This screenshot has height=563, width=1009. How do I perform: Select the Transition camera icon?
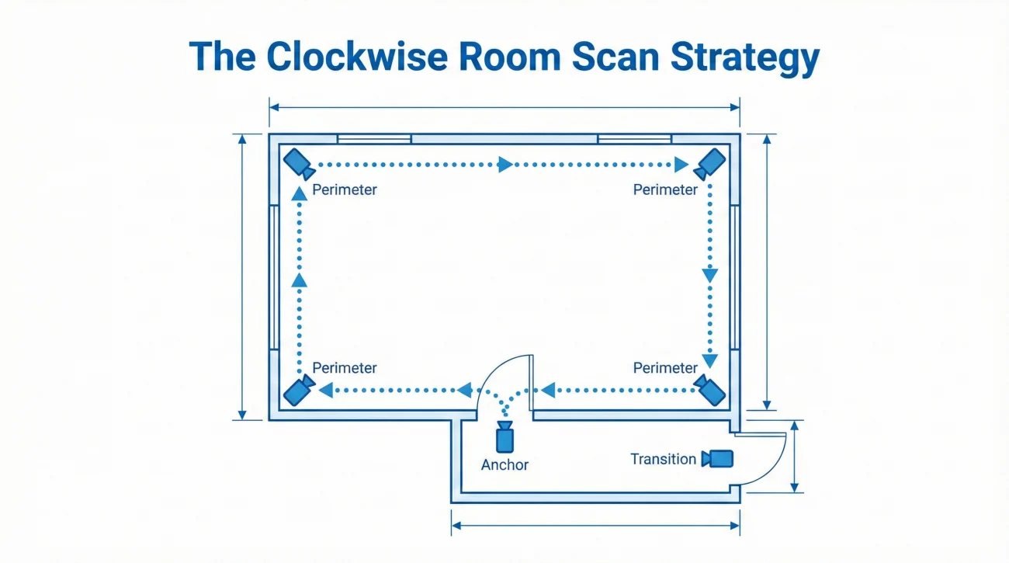pos(718,458)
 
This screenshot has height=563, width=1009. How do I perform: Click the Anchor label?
pos(504,465)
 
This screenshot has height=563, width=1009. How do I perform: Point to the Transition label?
pos(663,459)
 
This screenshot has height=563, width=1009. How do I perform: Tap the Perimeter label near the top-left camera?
pos(345,189)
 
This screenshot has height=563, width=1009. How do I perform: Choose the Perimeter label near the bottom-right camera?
pos(666,367)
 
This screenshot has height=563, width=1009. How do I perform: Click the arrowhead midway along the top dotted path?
pos(506,165)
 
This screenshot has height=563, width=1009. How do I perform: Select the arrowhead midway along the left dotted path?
pos(300,280)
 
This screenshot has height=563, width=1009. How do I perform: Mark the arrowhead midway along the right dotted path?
pos(709,275)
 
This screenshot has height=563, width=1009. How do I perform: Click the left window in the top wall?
pos(373,139)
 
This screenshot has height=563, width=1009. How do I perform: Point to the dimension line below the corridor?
pos(595,526)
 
